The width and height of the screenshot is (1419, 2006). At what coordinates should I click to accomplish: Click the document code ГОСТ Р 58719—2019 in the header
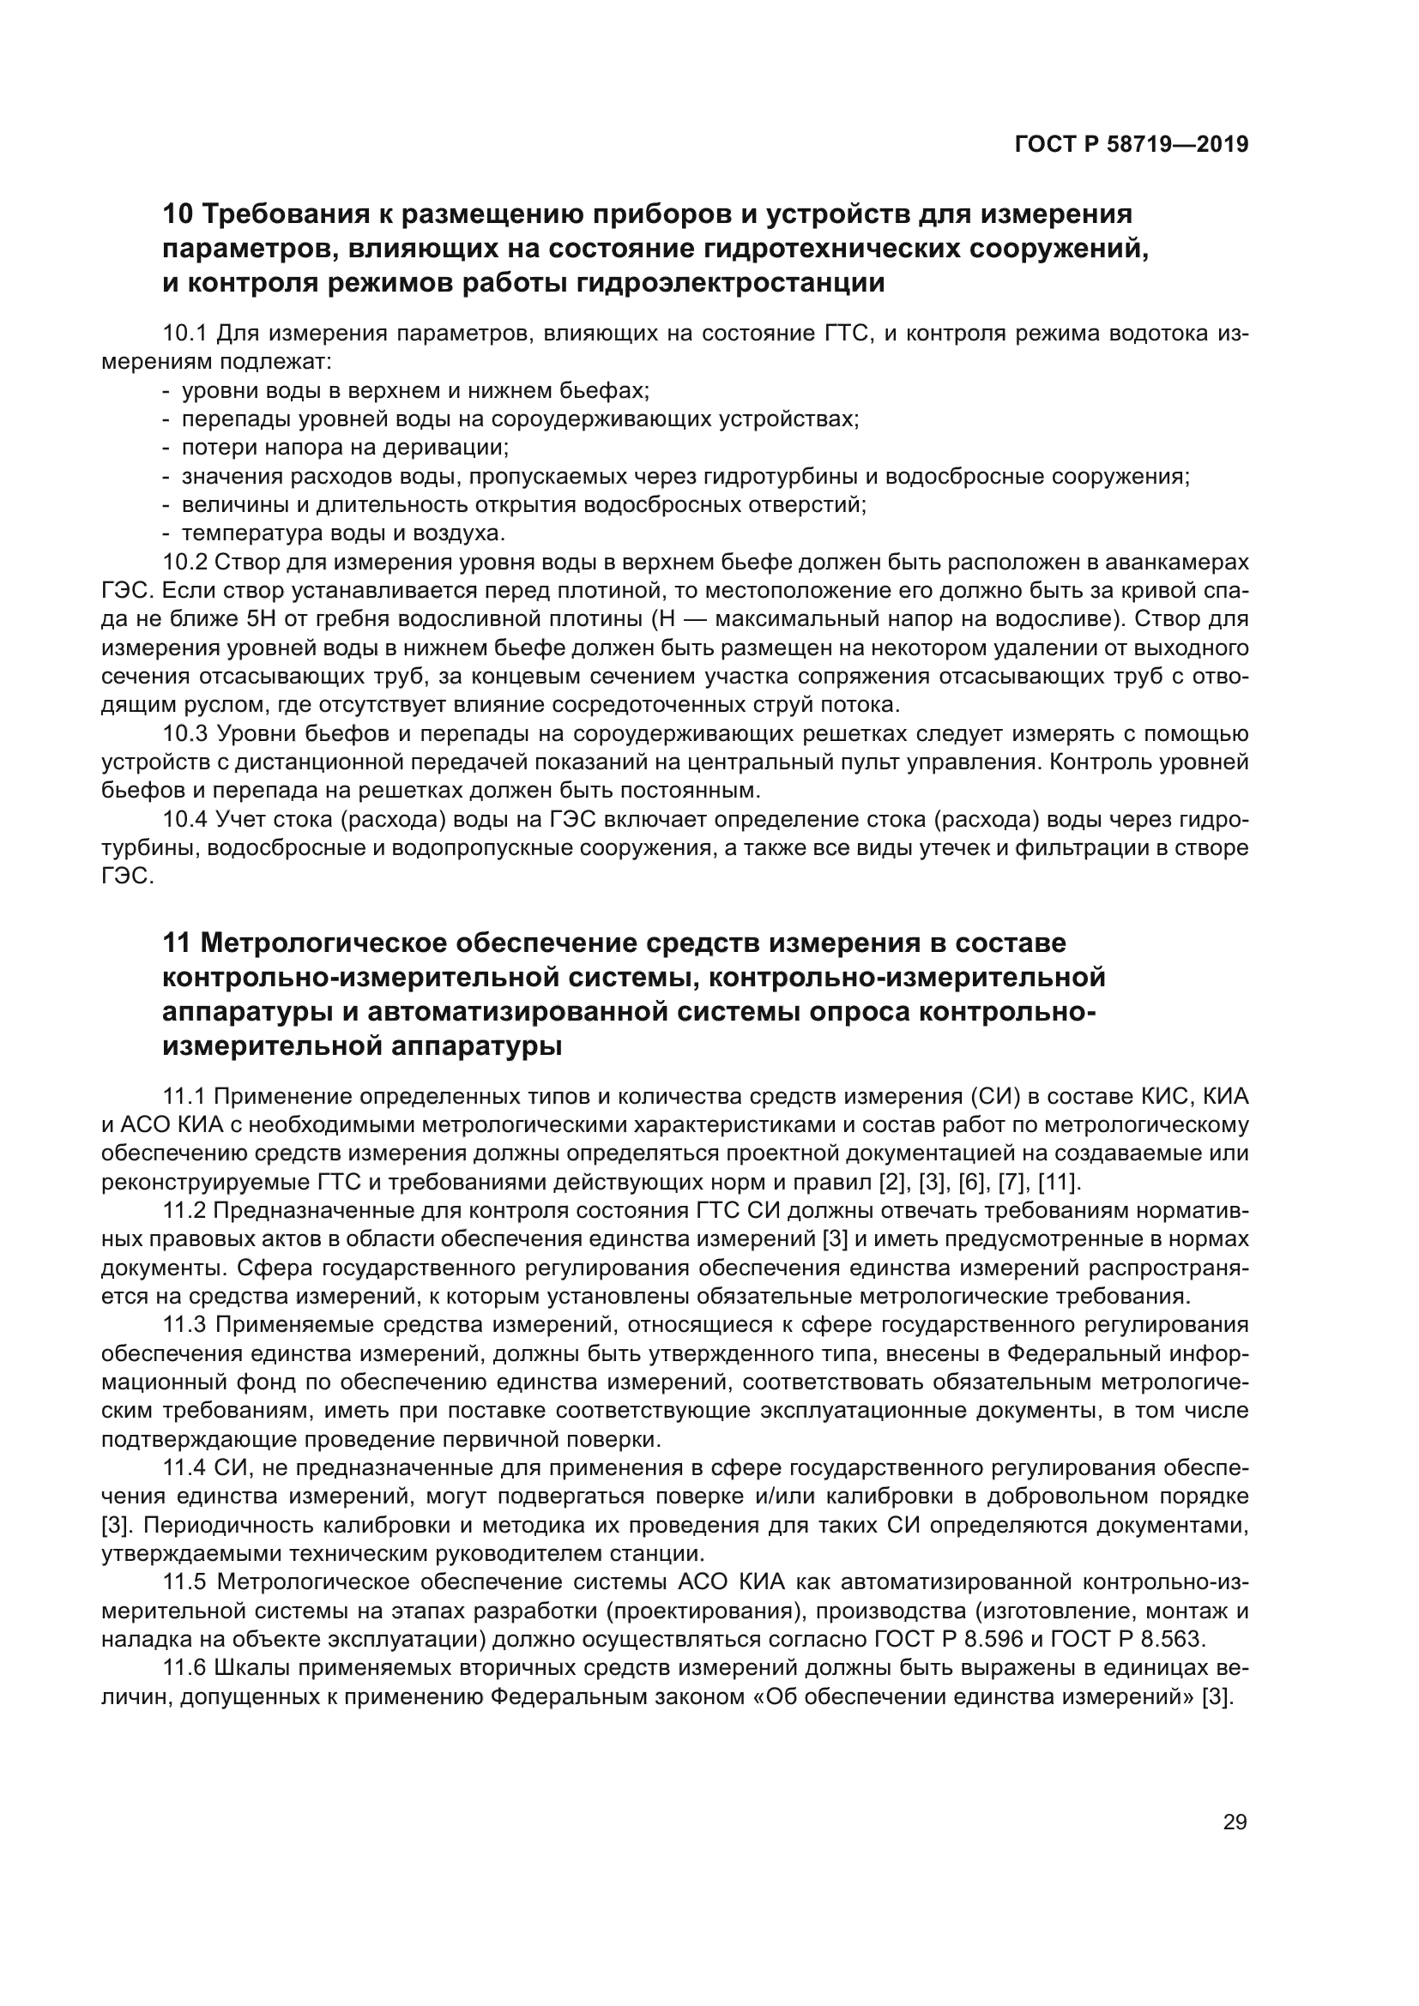(1131, 144)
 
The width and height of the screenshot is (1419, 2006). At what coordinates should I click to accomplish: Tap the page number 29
(1235, 1822)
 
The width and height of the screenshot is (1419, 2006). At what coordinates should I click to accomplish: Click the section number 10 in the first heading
(178, 214)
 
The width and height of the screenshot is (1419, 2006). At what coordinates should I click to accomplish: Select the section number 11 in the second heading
(177, 943)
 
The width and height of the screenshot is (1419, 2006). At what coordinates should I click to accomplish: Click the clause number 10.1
(184, 334)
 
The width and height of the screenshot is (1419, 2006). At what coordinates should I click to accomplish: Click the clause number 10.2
(184, 562)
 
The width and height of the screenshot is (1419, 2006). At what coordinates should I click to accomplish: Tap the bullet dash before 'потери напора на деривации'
(166, 449)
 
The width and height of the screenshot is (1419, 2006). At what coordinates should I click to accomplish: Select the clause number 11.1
(184, 1097)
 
